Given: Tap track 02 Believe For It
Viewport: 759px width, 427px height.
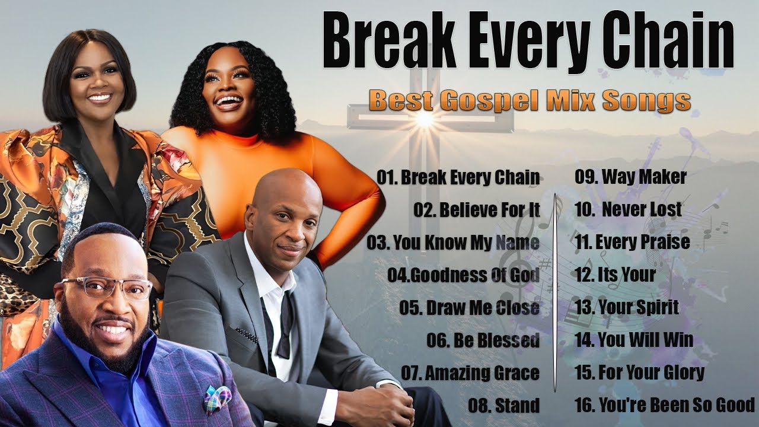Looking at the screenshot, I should pos(477,210).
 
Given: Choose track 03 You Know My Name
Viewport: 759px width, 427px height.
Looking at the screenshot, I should pos(453,243).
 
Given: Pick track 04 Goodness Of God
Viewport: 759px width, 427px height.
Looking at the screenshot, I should pos(464,275).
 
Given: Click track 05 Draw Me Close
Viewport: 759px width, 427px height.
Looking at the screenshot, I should pos(469,308).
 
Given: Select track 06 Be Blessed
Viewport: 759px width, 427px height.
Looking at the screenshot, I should pos(483,340).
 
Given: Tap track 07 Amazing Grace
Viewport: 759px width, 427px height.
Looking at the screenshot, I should pos(470,373).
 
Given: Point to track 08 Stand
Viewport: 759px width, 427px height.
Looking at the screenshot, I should pos(503,406).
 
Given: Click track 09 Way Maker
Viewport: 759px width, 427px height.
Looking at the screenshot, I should pos(630,177).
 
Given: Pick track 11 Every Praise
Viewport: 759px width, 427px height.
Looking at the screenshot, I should pos(632,242).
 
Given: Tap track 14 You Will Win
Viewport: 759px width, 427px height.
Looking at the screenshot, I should pos(633,340).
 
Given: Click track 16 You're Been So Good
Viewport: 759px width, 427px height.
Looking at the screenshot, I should pos(664,405).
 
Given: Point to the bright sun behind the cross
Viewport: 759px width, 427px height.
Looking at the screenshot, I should pos(425,120).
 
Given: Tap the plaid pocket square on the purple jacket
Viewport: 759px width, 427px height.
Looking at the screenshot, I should pos(218,399).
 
